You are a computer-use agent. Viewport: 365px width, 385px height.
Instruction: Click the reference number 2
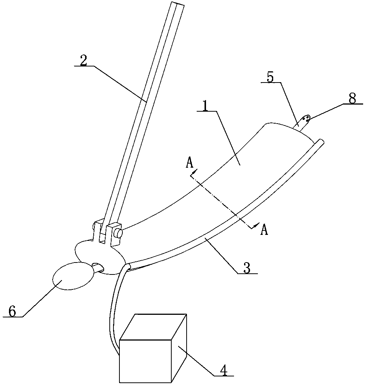coord(84,61)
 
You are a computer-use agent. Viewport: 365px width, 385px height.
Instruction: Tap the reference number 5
coord(270,77)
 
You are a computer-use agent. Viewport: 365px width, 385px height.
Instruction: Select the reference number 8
coord(352,99)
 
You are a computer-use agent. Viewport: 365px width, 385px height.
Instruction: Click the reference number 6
coord(12,311)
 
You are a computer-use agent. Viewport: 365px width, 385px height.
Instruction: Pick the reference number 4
coord(223,370)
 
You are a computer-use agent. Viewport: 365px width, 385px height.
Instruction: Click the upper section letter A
coord(190,163)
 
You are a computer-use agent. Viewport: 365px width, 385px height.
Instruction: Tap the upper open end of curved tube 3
coord(321,141)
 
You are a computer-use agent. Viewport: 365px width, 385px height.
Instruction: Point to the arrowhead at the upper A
coord(193,174)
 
